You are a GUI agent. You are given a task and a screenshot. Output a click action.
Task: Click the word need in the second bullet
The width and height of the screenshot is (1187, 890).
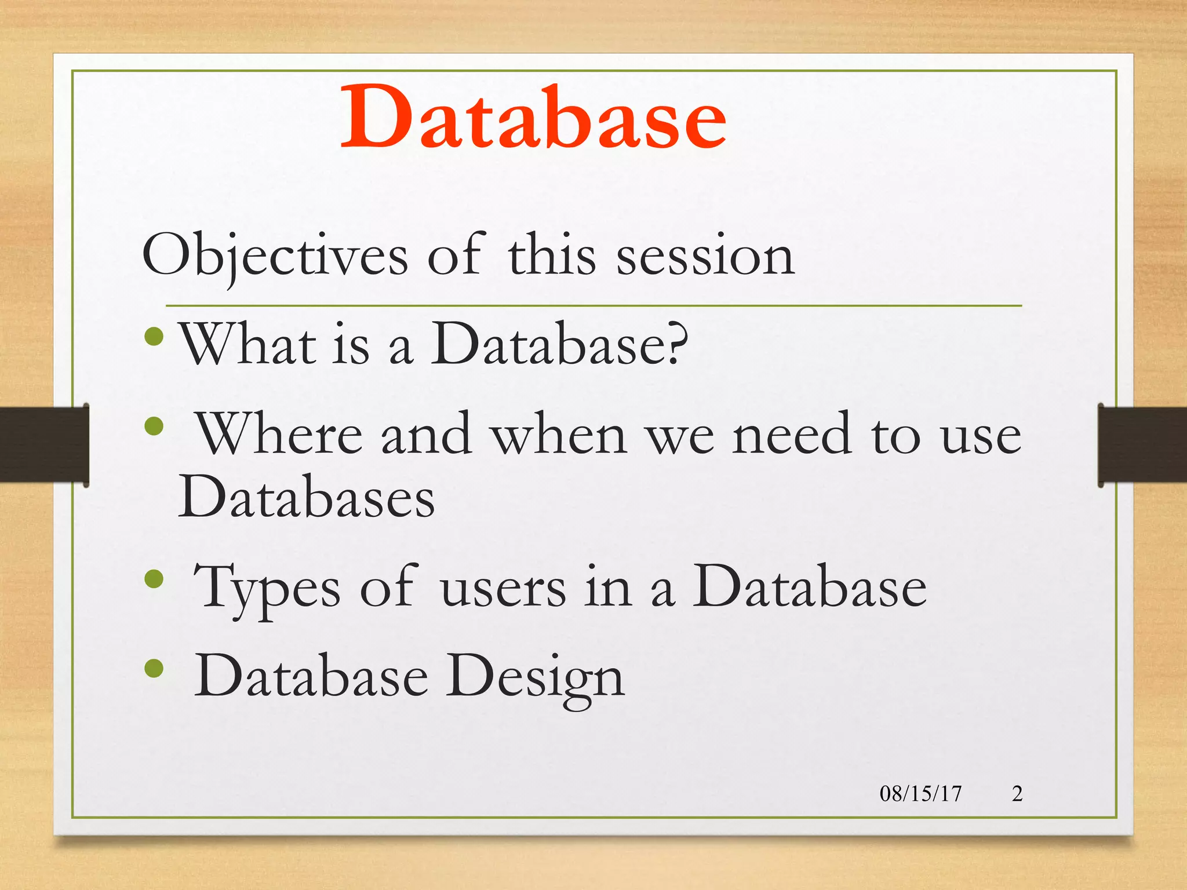coord(792,435)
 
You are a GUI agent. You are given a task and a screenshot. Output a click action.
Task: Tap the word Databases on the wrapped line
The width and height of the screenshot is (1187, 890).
coord(306,497)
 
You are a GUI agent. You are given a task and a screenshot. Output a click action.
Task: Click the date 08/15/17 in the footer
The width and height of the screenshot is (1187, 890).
coord(920,793)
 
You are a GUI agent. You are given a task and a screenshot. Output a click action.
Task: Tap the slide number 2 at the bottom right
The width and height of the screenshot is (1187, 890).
coord(1017,793)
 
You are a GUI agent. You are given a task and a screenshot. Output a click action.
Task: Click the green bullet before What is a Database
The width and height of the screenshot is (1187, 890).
coord(154,337)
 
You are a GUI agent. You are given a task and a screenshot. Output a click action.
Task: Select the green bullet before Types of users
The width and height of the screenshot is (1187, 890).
coord(154,579)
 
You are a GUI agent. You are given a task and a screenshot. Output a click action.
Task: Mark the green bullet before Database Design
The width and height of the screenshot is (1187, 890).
coord(154,668)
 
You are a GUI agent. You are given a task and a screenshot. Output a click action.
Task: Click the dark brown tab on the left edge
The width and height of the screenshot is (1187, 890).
coord(43,444)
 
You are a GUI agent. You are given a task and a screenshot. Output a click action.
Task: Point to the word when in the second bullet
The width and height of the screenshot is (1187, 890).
coord(559,435)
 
